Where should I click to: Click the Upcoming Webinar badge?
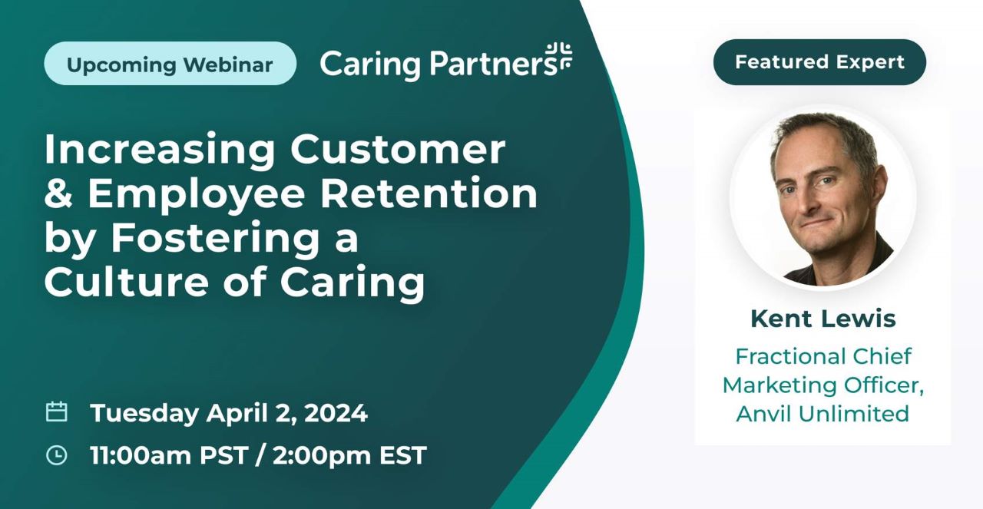pos(170,64)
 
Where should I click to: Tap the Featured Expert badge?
pos(819,62)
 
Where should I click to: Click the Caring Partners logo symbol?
pos(559,56)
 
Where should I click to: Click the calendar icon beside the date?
pos(56,412)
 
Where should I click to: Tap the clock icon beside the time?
pos(56,455)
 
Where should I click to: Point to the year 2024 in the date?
pos(336,413)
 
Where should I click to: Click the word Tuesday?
pos(144,413)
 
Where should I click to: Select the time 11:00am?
pos(140,455)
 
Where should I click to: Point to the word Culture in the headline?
pos(125,283)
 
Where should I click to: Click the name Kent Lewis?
pos(822,318)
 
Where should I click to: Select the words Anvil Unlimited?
pos(822,413)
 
